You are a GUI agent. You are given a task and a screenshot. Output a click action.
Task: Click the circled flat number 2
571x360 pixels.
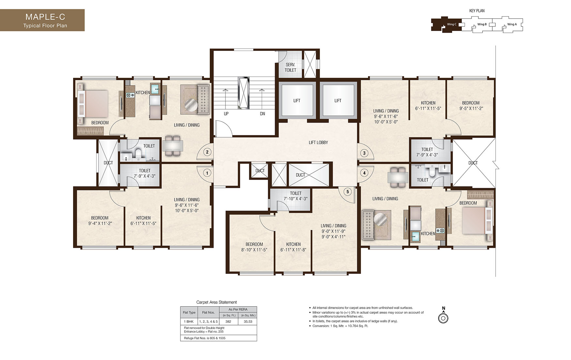207,152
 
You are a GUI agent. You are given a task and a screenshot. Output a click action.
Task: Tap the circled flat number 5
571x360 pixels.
347,192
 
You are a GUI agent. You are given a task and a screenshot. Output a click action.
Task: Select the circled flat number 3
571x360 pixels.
364,153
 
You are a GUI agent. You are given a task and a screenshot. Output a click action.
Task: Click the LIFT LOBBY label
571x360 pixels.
318,142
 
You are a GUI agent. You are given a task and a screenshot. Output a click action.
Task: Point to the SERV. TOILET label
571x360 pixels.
290,67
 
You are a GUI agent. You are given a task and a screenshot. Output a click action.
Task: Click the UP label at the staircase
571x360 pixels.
226,114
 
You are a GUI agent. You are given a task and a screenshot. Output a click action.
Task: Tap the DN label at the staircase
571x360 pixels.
262,114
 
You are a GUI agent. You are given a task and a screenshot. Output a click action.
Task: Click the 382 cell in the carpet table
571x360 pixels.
228,322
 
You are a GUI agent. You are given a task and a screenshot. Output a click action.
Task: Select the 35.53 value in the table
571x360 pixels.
248,322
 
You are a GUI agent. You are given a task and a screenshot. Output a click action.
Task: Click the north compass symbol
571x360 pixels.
443,318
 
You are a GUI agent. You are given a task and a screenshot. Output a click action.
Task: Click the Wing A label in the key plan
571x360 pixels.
512,24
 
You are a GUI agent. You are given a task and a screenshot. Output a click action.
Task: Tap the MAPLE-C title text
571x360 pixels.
45,17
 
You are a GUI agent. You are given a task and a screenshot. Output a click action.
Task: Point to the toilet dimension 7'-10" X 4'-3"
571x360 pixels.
296,199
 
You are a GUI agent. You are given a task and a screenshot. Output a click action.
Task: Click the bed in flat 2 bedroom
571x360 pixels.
95,104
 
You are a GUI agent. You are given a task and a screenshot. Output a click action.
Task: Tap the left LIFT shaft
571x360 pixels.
297,100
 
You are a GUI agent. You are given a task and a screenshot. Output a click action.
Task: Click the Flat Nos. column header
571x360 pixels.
208,312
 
